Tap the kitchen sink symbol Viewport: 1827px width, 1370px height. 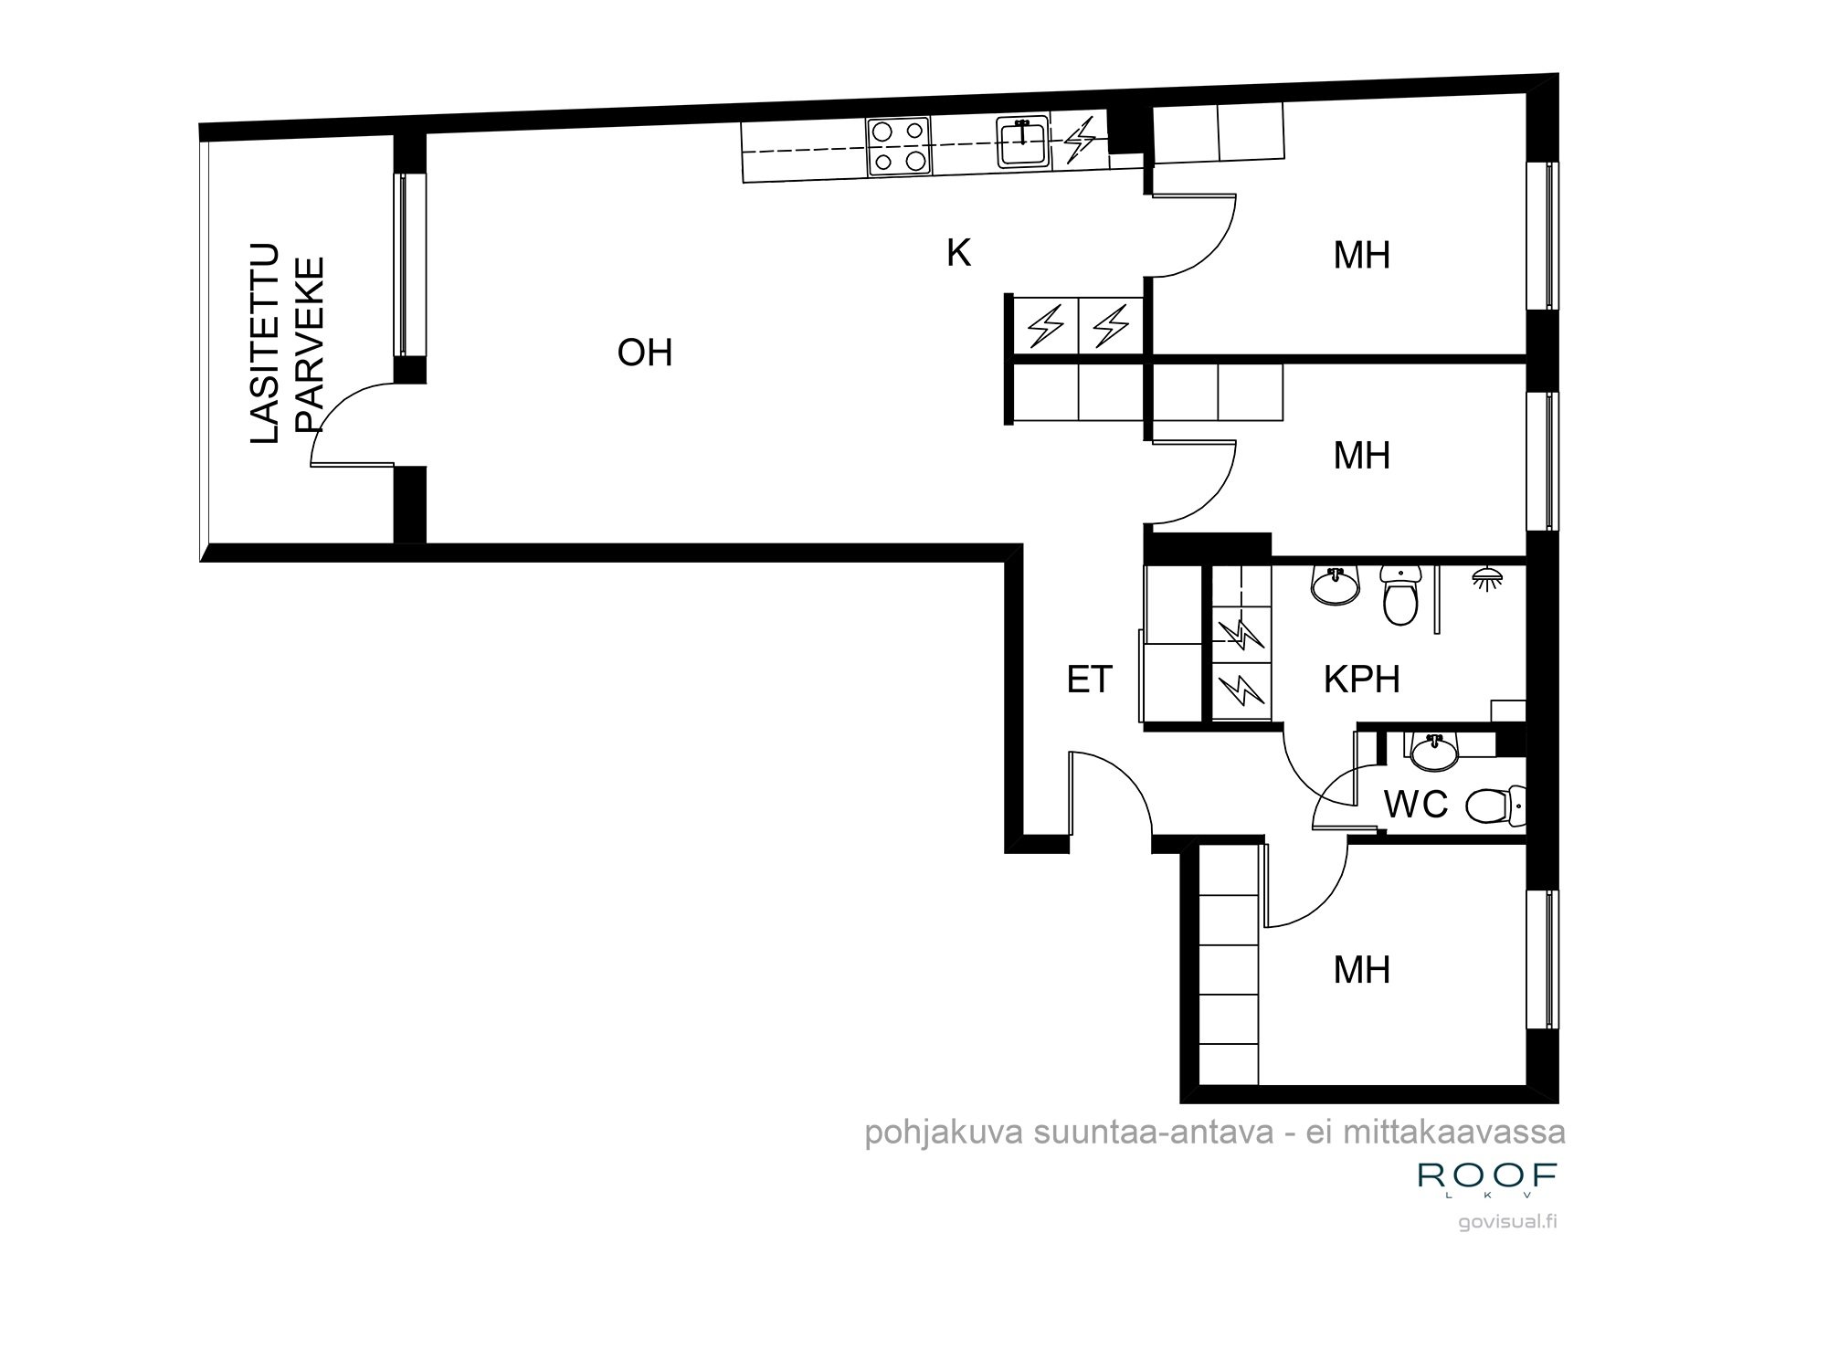click(1022, 142)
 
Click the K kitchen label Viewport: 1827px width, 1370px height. click(958, 253)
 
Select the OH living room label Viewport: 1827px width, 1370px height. click(645, 353)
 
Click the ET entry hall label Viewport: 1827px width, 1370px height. click(1089, 680)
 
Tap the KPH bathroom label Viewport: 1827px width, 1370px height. click(1361, 680)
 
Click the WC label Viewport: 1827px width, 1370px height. click(1416, 805)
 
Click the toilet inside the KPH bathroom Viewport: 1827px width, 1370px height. click(1400, 595)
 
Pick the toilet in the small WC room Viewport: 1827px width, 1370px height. click(1494, 805)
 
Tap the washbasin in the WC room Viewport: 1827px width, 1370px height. click(1434, 752)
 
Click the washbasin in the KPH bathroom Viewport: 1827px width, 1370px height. click(1335, 585)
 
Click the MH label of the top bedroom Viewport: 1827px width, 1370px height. click(1361, 256)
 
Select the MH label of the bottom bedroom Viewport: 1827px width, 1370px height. click(1361, 970)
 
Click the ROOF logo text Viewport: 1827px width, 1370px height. click(1487, 1175)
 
